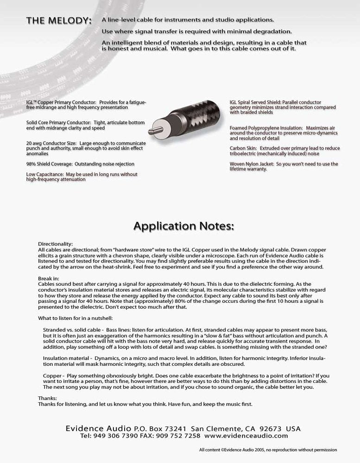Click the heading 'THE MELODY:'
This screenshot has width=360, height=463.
coord(58,21)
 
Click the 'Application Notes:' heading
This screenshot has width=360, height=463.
coord(184,226)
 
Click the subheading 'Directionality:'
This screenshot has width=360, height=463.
coord(55,244)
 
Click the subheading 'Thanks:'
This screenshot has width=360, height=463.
coord(47,398)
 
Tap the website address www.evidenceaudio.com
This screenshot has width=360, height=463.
coord(246,436)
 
